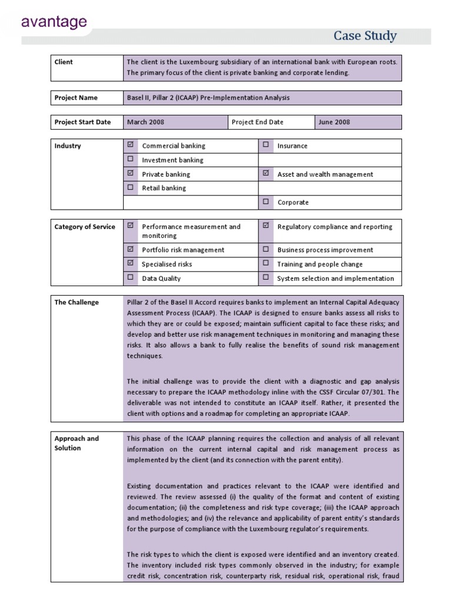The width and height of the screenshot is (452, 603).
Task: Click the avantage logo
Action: pyautogui.click(x=54, y=22)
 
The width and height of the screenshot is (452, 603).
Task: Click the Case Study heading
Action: pyautogui.click(x=365, y=36)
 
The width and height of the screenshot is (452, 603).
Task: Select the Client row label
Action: pyautogui.click(x=64, y=62)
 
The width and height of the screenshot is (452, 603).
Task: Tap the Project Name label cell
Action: pyautogui.click(x=76, y=98)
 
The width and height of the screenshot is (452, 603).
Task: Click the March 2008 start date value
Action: pyautogui.click(x=145, y=122)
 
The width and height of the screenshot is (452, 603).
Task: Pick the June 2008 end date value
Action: pyautogui.click(x=334, y=122)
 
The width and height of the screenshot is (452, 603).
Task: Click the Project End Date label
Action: pyautogui.click(x=257, y=122)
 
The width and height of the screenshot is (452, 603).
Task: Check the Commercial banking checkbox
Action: pyautogui.click(x=131, y=145)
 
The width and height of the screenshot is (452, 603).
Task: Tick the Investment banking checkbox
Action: pyautogui.click(x=131, y=159)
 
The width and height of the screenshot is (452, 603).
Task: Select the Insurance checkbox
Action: pyautogui.click(x=266, y=145)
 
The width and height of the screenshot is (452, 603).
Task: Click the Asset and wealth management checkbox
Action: pyautogui.click(x=266, y=173)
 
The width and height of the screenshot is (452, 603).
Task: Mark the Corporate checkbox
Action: pyautogui.click(x=266, y=201)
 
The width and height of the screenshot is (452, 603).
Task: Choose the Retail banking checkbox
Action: pyautogui.click(x=131, y=187)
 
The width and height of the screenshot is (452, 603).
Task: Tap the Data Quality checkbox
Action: pyautogui.click(x=131, y=277)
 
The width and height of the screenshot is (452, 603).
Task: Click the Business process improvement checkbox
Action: pyautogui.click(x=266, y=249)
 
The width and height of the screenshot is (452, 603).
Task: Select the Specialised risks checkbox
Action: pyautogui.click(x=131, y=263)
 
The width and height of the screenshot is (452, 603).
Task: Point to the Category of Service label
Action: pyautogui.click(x=85, y=227)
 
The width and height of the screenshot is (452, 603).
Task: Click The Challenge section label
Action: pyautogui.click(x=77, y=302)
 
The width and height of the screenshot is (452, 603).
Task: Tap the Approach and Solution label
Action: pyautogui.click(x=77, y=443)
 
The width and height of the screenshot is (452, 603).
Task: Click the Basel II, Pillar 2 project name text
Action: pyautogui.click(x=208, y=98)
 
